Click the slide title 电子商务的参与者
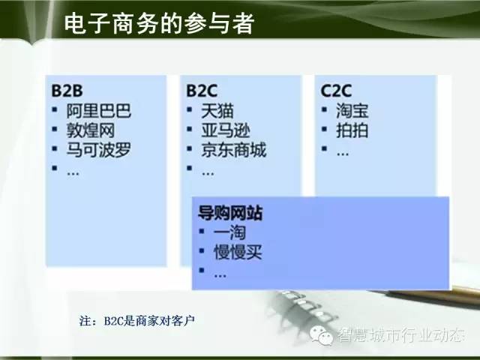point(159,23)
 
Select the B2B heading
point(67,91)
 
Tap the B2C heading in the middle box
point(202,91)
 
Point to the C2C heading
point(336,91)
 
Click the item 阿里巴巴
point(98,111)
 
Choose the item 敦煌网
point(91,130)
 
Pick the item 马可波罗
point(98,150)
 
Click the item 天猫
point(217,111)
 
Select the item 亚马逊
point(226,130)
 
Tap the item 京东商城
point(233,150)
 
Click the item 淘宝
point(352,111)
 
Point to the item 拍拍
point(352,130)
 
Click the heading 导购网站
point(230,213)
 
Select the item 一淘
point(229,232)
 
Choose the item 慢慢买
point(238,252)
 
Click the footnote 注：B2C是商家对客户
point(136,321)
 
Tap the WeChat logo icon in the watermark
point(322,335)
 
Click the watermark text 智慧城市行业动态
point(400,334)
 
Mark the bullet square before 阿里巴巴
point(55,109)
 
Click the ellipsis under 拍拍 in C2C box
point(343,154)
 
